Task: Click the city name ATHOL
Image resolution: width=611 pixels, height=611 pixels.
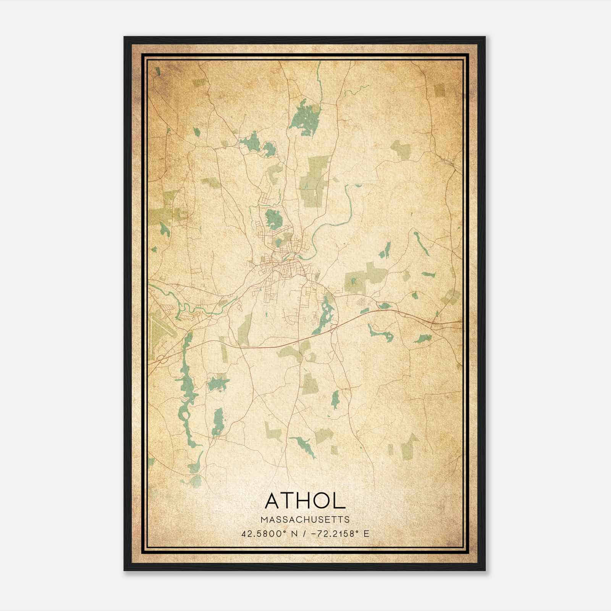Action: [x=305, y=501]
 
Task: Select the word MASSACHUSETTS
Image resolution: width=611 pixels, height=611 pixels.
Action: [x=305, y=520]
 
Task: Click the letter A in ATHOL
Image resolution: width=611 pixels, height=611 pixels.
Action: [x=273, y=501]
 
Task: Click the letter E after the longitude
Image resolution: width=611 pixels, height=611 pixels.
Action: [x=366, y=534]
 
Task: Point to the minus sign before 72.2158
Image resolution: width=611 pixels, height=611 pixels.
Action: [x=315, y=534]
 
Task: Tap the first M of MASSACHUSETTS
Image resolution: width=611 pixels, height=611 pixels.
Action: [x=264, y=520]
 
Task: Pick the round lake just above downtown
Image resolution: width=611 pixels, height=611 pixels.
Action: [x=273, y=219]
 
